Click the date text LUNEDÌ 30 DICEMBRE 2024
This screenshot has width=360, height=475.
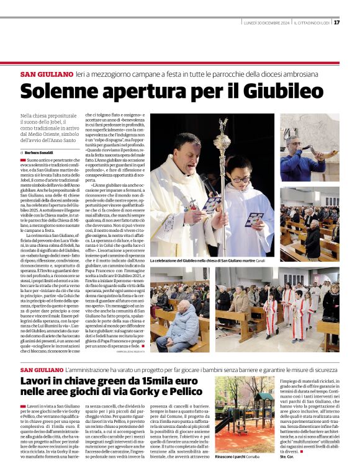[x=267, y=22]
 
